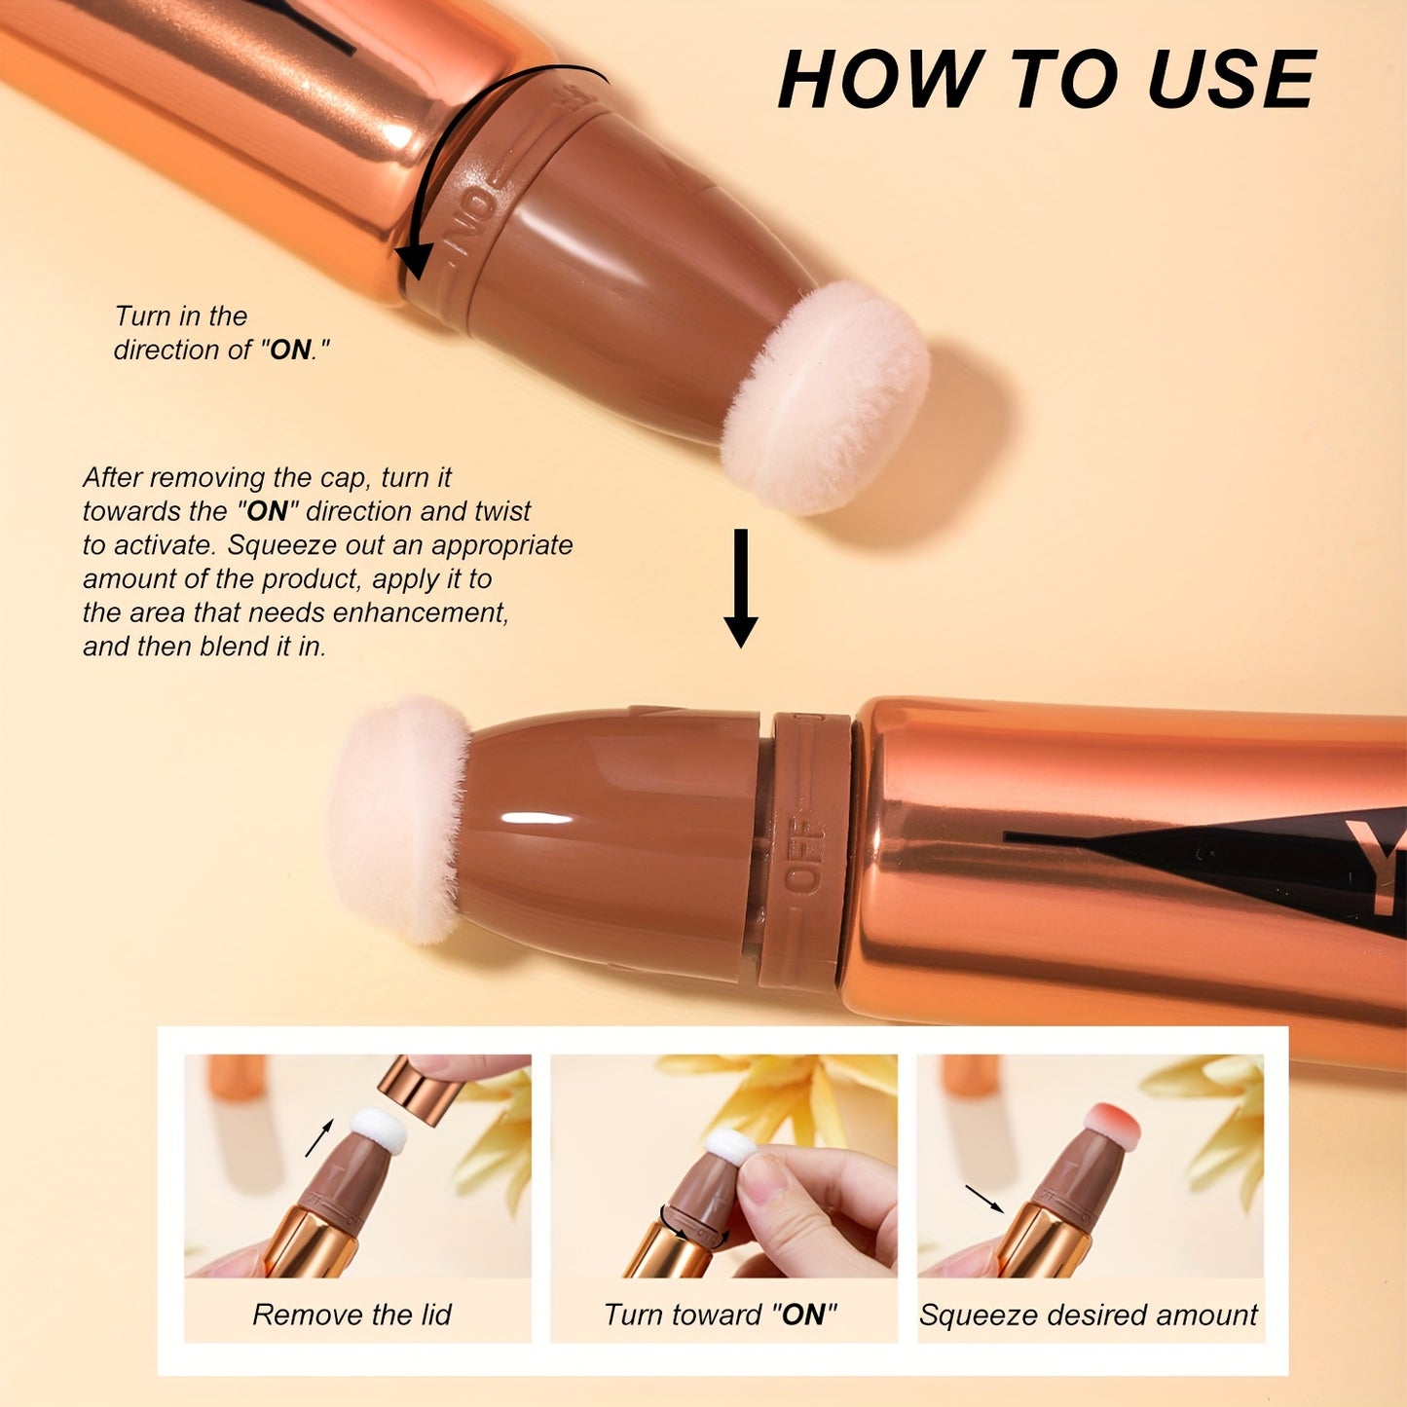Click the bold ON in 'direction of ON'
tap(290, 351)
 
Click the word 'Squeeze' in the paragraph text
tap(274, 545)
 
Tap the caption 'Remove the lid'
tap(352, 1315)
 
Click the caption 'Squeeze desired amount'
tap(1089, 1315)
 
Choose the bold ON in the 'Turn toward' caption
tap(803, 1315)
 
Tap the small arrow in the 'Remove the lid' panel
tap(319, 1137)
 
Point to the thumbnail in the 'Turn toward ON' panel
tap(766, 1182)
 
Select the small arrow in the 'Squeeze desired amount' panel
tap(984, 1199)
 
